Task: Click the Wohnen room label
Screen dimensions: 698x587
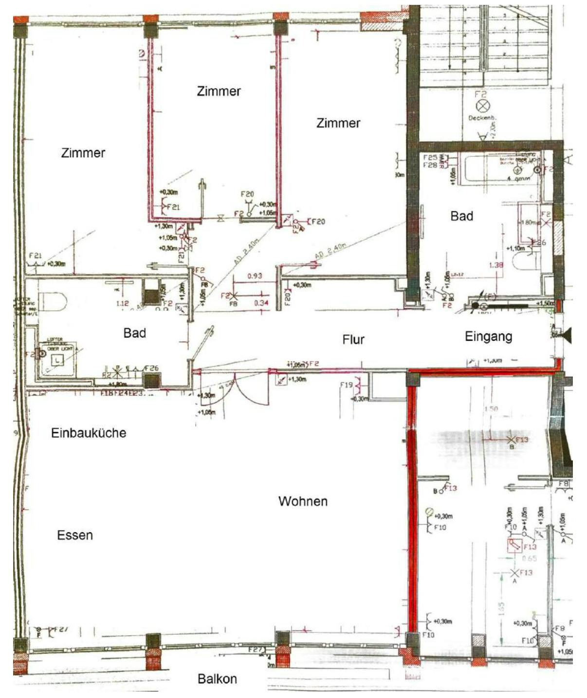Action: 303,501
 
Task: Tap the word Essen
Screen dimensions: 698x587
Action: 75,535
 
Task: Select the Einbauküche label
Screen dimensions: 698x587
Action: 89,433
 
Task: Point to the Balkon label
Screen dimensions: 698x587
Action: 217,679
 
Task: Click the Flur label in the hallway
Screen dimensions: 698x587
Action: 353,339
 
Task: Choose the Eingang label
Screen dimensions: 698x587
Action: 488,336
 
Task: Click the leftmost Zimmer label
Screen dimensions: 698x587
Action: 83,153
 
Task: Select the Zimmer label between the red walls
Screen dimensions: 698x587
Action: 219,91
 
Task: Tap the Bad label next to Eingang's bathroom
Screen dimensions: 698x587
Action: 461,216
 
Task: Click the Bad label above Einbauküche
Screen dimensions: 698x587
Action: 134,333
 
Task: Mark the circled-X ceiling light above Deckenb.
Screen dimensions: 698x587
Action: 482,106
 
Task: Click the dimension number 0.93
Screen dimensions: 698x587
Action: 255,276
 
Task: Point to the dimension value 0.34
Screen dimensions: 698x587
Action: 261,303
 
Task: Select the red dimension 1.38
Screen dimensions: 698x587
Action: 495,265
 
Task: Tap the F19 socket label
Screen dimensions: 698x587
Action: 347,385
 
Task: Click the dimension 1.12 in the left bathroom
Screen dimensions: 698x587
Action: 122,303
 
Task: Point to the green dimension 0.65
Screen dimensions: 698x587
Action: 530,559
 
